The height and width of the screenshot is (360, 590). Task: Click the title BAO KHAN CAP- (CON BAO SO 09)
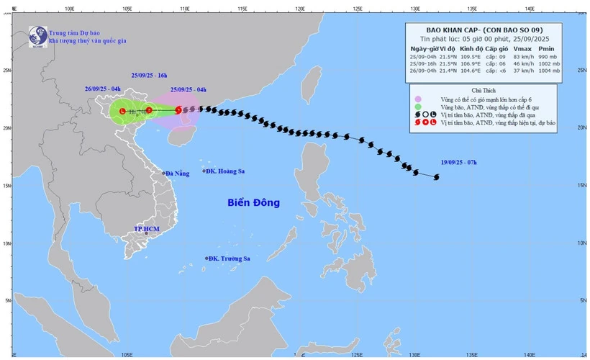(x=490, y=30)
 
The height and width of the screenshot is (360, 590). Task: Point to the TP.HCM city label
(x=146, y=228)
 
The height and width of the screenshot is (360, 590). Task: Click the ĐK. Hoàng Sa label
(x=224, y=171)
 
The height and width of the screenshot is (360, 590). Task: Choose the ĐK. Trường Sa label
(x=230, y=258)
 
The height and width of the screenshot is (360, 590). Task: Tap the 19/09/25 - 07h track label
(x=467, y=163)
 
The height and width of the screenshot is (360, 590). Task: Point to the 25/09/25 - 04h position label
(x=189, y=89)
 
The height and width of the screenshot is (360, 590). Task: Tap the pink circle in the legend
(x=418, y=98)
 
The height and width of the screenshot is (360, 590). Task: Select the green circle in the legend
(x=418, y=107)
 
